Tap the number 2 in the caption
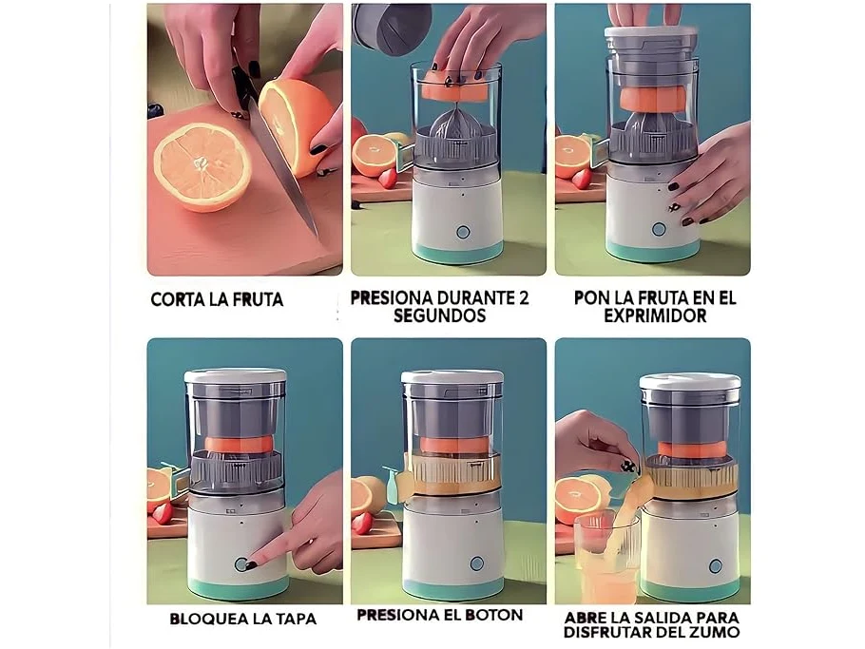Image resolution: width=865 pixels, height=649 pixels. [x=523, y=297]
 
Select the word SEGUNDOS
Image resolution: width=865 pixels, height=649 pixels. [x=440, y=316]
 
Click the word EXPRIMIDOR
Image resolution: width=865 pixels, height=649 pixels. [x=655, y=316]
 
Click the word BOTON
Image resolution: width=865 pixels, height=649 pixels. [x=493, y=615]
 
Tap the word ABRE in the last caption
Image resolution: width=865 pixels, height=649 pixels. [x=585, y=617]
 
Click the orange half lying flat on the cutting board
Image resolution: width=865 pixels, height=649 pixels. [x=202, y=166]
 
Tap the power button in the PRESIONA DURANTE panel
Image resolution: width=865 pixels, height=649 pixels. [x=463, y=232]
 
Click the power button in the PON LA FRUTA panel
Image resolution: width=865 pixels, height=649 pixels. [x=658, y=229]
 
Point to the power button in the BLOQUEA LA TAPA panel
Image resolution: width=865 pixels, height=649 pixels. [x=241, y=563]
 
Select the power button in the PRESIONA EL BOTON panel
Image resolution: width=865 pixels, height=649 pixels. [x=477, y=563]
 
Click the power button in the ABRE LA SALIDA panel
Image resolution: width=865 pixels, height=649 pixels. [x=716, y=565]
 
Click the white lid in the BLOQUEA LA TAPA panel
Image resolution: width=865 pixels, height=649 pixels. [x=235, y=376]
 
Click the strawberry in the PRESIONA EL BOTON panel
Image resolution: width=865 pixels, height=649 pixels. [x=362, y=523]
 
